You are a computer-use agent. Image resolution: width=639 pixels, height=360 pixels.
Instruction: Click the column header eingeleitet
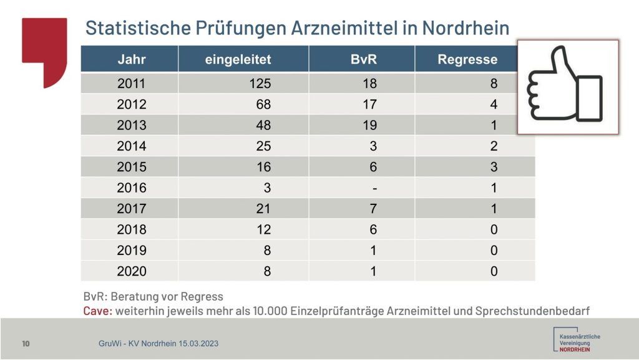point(238,59)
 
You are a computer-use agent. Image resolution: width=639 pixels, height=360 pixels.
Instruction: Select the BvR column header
point(364,59)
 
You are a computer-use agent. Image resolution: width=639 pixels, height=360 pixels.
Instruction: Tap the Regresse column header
point(467,60)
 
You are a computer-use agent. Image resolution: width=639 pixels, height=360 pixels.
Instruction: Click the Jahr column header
point(132,59)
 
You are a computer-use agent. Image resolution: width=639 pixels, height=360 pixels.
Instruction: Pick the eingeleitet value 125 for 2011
point(260,84)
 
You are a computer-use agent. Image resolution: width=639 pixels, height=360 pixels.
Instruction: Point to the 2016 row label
point(132,187)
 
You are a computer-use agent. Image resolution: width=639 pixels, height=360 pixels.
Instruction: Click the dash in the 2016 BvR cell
point(374,189)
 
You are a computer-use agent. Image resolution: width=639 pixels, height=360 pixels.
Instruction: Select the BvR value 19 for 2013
point(369,125)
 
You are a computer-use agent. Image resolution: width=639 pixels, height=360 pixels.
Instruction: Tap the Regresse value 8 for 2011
point(494,84)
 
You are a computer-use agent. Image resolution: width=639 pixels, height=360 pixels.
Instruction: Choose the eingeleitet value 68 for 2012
point(263,104)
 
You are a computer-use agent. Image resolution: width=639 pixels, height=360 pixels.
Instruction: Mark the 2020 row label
point(132,271)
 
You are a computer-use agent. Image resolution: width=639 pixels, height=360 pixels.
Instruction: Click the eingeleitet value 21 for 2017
point(263,209)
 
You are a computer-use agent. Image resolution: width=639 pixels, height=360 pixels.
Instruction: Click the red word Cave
point(97,311)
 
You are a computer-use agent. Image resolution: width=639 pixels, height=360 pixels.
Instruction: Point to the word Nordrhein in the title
point(466,28)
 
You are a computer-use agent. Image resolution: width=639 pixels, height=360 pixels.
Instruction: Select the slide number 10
point(26,344)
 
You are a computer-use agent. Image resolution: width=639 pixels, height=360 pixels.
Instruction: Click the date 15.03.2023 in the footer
point(198,344)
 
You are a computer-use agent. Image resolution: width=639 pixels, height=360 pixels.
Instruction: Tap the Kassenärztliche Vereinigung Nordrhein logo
point(576,339)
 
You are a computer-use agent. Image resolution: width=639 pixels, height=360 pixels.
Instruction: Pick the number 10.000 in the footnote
point(270,311)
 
